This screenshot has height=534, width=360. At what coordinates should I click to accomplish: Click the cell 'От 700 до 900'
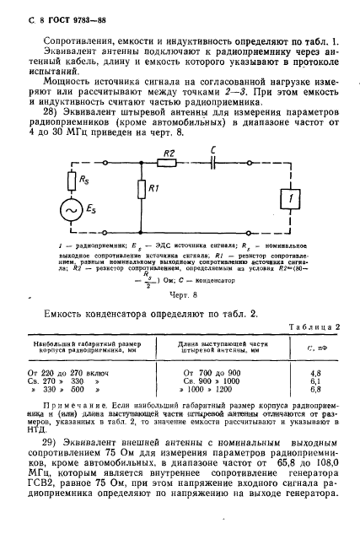(232, 346)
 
